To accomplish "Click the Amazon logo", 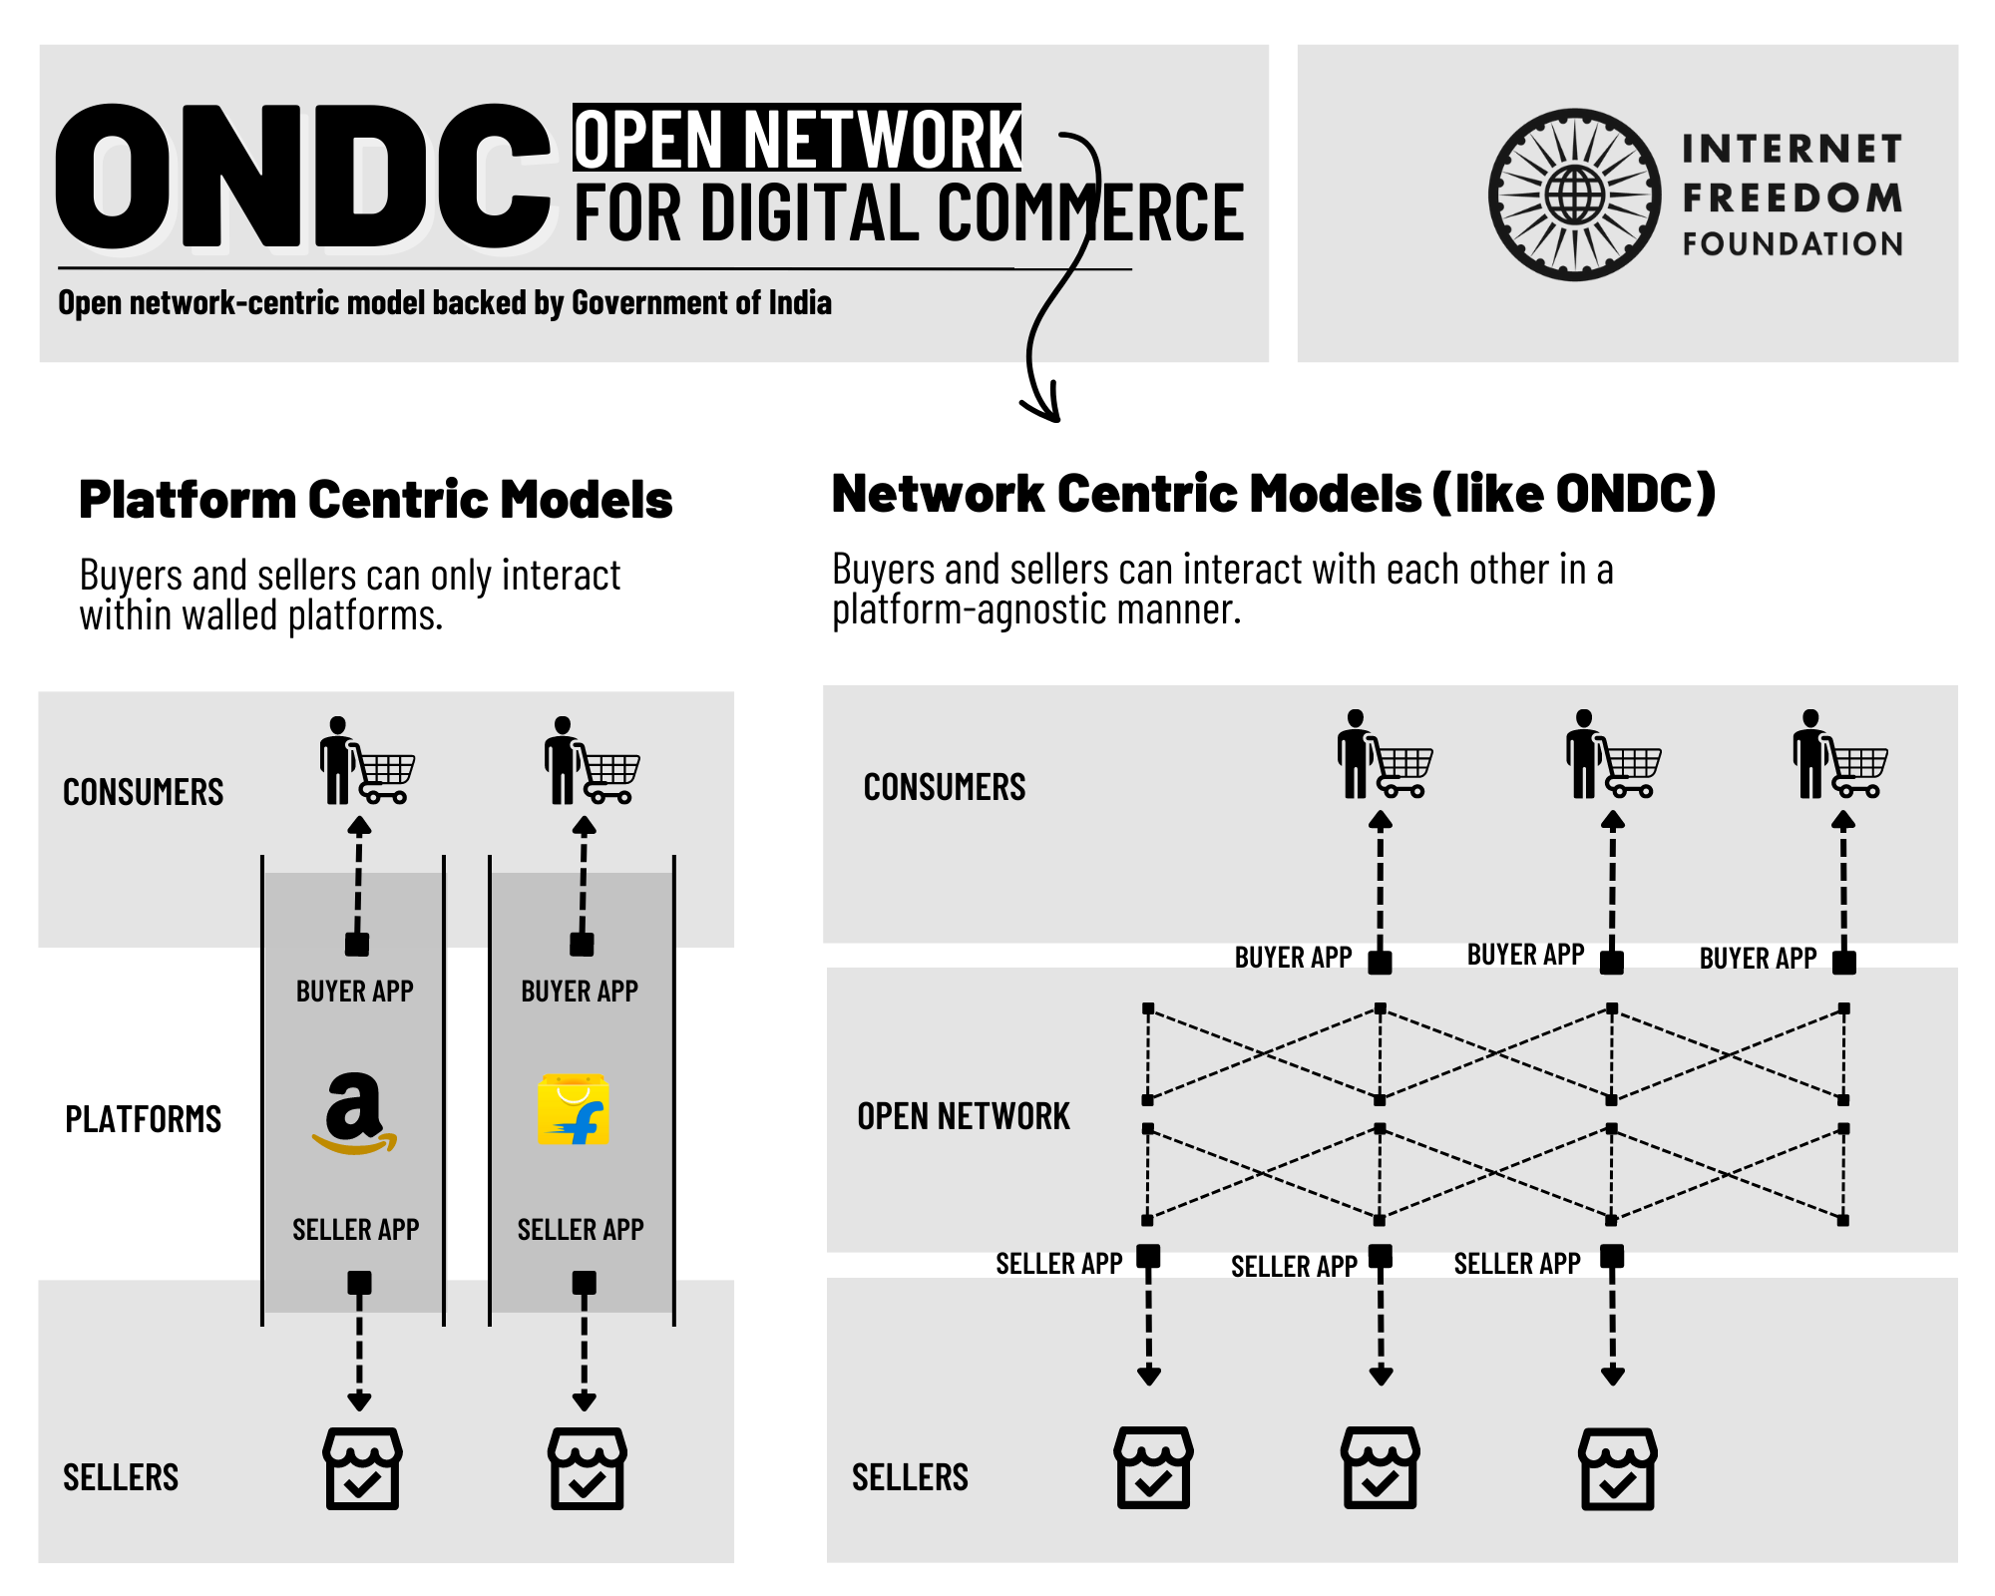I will click(x=354, y=1113).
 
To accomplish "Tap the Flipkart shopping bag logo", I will click(x=573, y=1109).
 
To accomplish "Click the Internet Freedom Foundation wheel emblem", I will click(x=1574, y=195).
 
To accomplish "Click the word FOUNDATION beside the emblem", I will click(x=1793, y=244).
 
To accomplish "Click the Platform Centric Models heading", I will click(x=375, y=500).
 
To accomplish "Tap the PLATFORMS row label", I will click(x=143, y=1119).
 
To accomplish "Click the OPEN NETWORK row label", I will click(x=963, y=1116).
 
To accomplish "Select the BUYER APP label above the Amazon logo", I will click(x=354, y=992).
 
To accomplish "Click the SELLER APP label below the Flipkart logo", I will click(x=581, y=1229).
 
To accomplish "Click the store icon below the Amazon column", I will click(x=362, y=1468).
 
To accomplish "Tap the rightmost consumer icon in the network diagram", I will click(x=1839, y=755).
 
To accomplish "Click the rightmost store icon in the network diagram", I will click(x=1617, y=1468).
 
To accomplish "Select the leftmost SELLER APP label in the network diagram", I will click(x=1058, y=1264).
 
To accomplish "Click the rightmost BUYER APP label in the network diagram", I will click(x=1758, y=959).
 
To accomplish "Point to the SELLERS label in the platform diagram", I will click(x=121, y=1477).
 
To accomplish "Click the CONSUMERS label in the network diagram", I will click(x=944, y=787).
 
